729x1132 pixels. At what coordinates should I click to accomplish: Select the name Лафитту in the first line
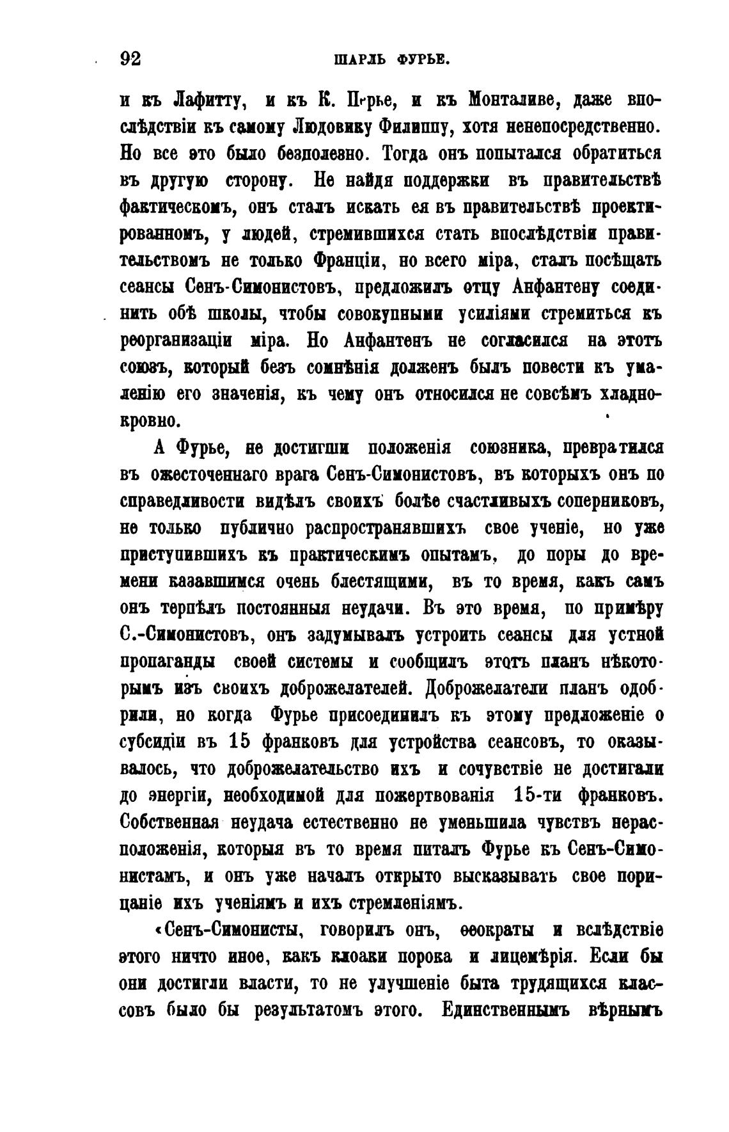(206, 100)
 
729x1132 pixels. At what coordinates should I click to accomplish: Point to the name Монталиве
(515, 100)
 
